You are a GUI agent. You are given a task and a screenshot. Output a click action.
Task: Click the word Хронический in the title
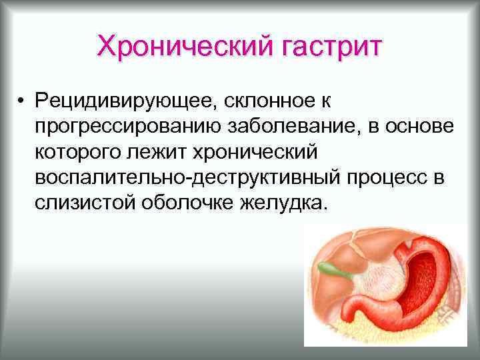pyautogui.click(x=175, y=47)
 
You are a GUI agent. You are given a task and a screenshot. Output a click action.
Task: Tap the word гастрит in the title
pyautogui.click(x=322, y=47)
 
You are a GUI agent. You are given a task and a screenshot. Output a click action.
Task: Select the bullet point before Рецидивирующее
pyautogui.click(x=22, y=102)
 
